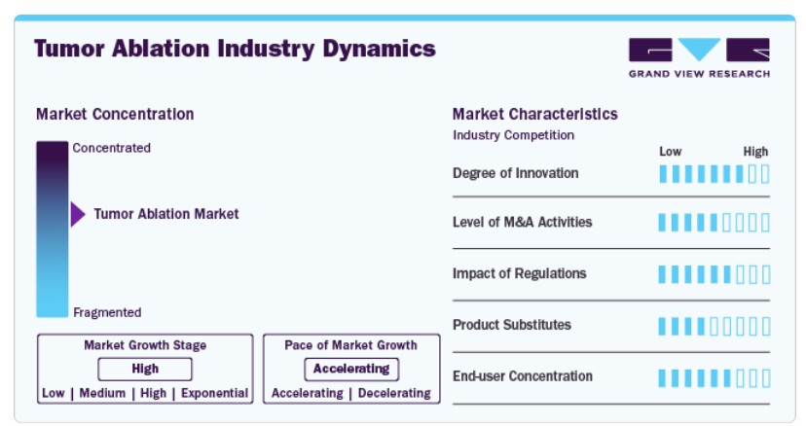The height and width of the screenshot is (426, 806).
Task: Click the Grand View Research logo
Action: [x=699, y=58]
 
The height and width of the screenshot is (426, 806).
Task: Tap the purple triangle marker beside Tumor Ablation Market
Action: [x=78, y=214]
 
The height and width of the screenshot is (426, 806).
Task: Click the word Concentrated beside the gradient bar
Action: [x=112, y=148]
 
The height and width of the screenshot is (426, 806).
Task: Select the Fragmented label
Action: [x=107, y=312]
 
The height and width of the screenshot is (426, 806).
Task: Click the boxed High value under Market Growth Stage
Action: [x=145, y=369]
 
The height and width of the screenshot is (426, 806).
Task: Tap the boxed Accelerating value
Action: [x=351, y=369]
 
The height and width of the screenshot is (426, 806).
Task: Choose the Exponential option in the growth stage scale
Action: [x=214, y=393]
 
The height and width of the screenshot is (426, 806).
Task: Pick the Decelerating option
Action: [x=394, y=393]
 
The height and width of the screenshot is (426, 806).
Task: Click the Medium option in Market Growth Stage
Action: [x=102, y=393]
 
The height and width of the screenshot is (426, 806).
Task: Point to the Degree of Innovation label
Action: [x=516, y=173]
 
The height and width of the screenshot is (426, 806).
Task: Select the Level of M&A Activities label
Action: [x=523, y=222]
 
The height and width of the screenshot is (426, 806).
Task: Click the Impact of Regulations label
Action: [x=519, y=273]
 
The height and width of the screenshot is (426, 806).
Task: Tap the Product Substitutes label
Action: [x=511, y=325]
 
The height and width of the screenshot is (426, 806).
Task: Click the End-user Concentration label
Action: [x=523, y=376]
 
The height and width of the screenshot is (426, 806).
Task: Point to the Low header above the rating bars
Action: [x=671, y=152]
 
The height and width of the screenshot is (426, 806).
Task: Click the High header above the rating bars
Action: [x=755, y=152]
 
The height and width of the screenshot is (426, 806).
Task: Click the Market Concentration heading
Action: [x=115, y=114]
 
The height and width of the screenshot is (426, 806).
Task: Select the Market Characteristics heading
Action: [x=535, y=114]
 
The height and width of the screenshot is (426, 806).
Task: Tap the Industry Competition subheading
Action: [x=514, y=135]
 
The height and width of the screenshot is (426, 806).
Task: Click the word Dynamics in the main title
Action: [x=380, y=50]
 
